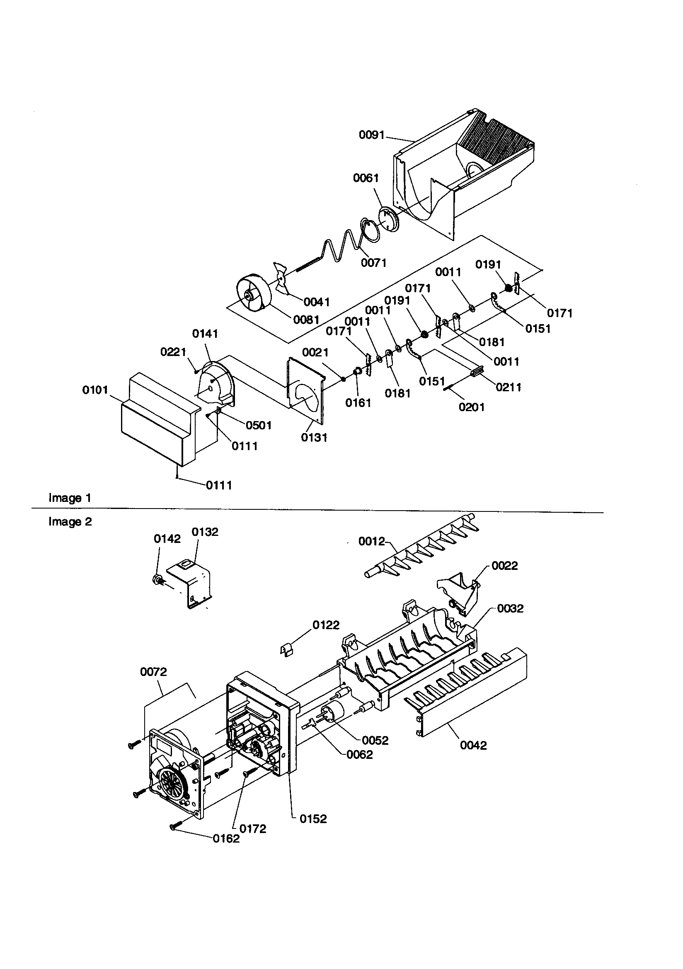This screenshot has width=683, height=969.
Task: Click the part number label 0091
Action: (x=371, y=135)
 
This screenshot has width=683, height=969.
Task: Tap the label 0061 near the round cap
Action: (x=366, y=179)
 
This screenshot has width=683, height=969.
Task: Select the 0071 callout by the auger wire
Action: (x=373, y=263)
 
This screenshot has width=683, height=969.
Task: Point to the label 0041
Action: (x=317, y=302)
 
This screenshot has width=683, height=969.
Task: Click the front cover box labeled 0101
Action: (x=156, y=418)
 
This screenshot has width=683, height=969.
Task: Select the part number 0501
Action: (x=258, y=425)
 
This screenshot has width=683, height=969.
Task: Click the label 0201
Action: (x=472, y=407)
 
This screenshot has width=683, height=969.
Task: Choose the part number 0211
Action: (x=508, y=387)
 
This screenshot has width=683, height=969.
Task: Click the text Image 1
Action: (x=70, y=498)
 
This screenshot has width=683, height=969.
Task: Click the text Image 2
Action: (x=70, y=522)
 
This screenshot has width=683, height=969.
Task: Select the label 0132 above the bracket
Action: (x=205, y=532)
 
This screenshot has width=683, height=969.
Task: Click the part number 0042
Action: (x=473, y=745)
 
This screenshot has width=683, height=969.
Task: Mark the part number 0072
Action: (x=154, y=671)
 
